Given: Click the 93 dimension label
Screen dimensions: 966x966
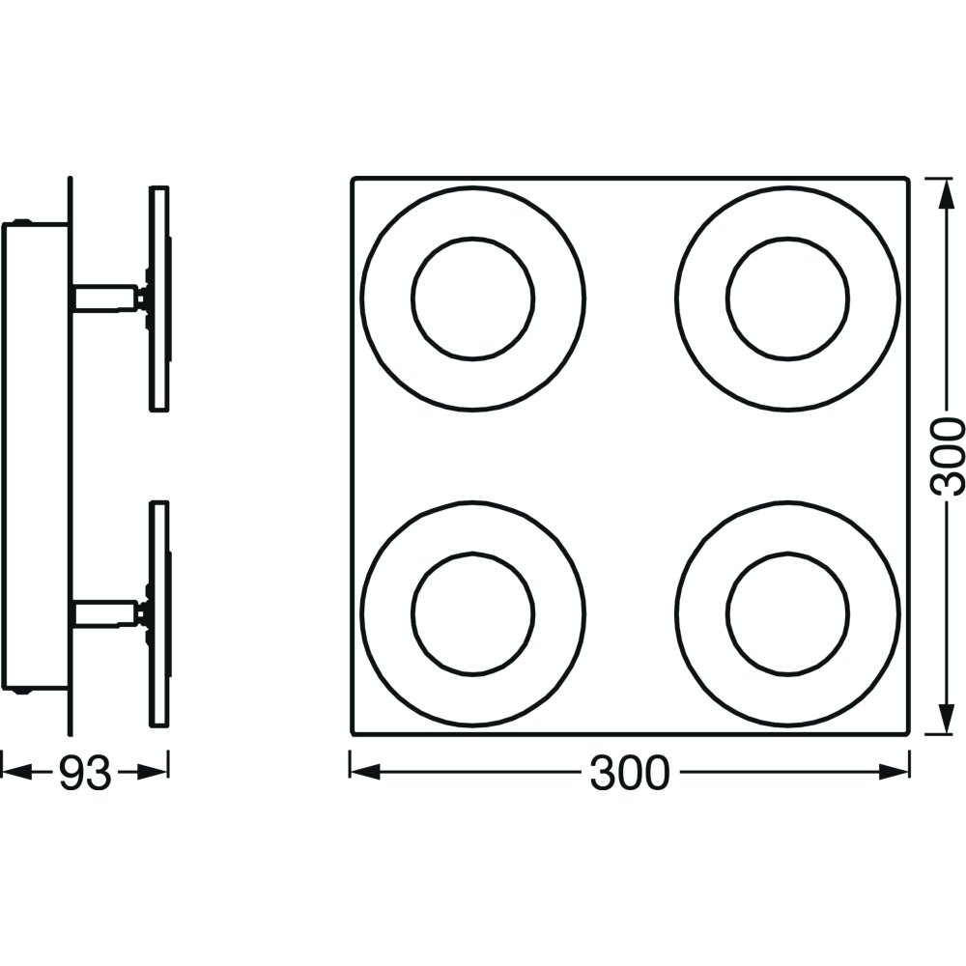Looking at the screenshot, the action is coord(85,773).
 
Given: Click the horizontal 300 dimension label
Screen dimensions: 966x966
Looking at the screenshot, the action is coord(629,773).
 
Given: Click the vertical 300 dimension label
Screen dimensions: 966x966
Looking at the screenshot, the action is coord(947,457).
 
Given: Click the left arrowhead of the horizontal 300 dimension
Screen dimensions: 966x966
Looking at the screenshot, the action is coord(365,773).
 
